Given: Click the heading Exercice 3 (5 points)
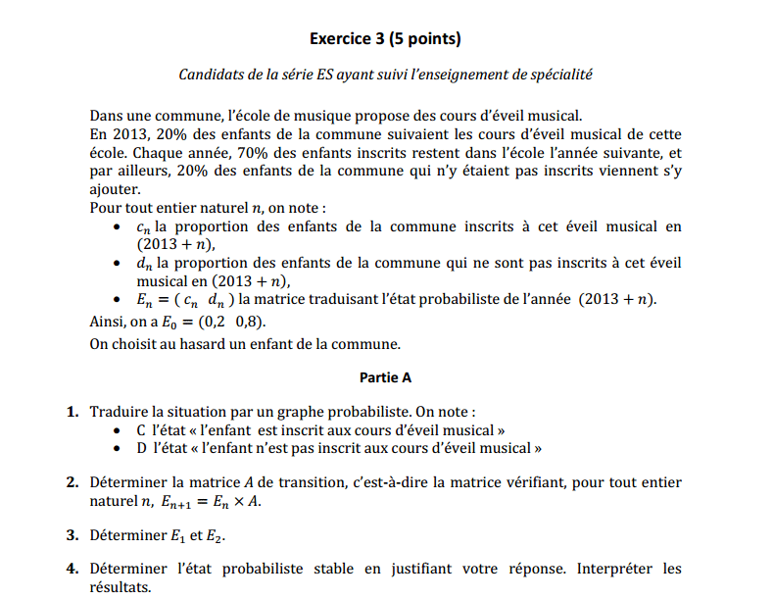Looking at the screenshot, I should tap(385, 39).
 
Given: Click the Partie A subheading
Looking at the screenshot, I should tap(385, 376).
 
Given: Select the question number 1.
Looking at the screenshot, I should tap(72, 412).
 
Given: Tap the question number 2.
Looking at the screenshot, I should tap(72, 482).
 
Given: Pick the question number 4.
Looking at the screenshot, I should tap(72, 569).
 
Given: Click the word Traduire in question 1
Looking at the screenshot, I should tap(119, 412).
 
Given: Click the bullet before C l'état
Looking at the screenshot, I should tap(119, 430).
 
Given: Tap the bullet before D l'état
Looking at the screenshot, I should tap(119, 448).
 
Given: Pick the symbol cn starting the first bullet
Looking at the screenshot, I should tap(142, 227).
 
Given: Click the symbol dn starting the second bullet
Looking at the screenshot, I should tap(143, 264).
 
